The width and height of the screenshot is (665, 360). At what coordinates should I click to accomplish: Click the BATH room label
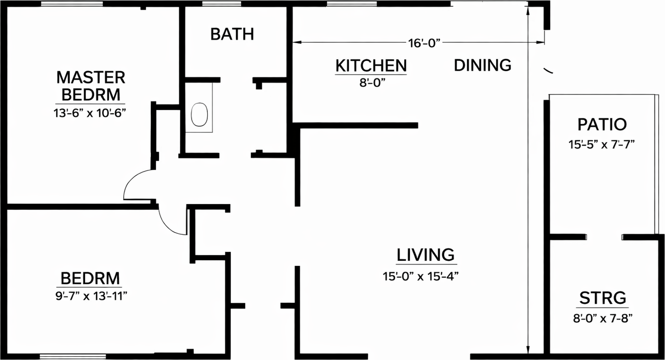pyautogui.click(x=232, y=34)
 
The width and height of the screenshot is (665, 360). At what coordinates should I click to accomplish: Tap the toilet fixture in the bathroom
pyautogui.click(x=199, y=115)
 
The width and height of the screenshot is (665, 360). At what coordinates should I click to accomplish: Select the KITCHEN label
pyautogui.click(x=370, y=66)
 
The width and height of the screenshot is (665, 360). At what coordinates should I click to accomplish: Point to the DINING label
pyautogui.click(x=483, y=65)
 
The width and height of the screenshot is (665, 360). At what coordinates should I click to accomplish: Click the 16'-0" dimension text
pyautogui.click(x=424, y=43)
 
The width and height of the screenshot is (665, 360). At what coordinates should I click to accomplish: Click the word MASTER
pyautogui.click(x=91, y=77)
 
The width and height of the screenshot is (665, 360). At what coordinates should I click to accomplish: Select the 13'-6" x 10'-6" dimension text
pyautogui.click(x=91, y=113)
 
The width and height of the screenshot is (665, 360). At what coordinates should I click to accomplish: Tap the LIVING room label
pyautogui.click(x=425, y=255)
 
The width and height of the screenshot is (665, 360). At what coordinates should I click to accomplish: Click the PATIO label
pyautogui.click(x=602, y=125)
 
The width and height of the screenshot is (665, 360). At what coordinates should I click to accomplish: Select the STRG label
pyautogui.click(x=603, y=299)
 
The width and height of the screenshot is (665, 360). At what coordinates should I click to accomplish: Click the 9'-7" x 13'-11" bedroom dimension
pyautogui.click(x=91, y=296)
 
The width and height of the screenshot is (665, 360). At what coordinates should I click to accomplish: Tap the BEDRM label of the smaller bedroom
pyautogui.click(x=90, y=277)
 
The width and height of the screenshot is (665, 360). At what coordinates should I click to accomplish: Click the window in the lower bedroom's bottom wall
pyautogui.click(x=73, y=356)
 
